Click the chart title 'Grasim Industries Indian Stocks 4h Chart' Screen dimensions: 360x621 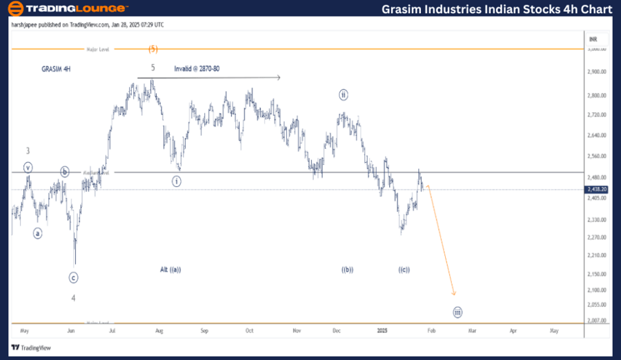496,9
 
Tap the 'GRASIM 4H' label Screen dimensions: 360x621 56,70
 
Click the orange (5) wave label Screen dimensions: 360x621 153,49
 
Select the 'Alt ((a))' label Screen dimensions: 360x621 170,270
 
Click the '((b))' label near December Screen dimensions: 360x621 347,270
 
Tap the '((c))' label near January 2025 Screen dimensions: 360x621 404,270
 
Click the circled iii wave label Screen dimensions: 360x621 457,312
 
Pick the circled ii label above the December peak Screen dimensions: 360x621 344,94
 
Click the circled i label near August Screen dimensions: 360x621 177,181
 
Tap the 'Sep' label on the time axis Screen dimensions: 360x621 204,331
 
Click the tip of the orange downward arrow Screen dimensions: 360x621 454,296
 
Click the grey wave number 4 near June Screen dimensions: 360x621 74,298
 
